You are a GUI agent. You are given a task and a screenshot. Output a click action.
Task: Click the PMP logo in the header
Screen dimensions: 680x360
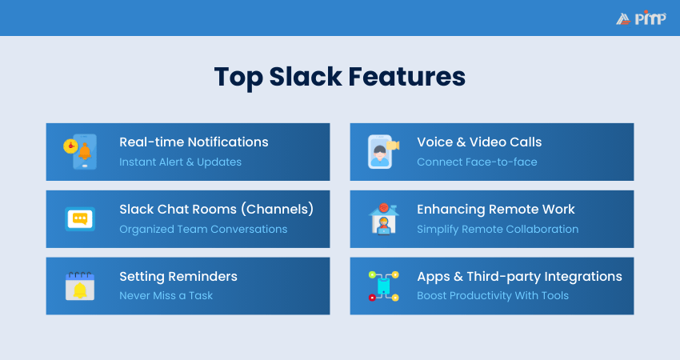(x=641, y=18)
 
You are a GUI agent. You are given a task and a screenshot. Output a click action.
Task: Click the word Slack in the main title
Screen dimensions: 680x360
(x=306, y=77)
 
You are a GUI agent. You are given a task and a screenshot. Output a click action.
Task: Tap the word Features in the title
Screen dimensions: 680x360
(x=406, y=77)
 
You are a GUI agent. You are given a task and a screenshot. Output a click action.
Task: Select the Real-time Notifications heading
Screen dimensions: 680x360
(x=194, y=142)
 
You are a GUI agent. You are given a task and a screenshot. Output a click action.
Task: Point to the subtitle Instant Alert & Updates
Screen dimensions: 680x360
(x=181, y=162)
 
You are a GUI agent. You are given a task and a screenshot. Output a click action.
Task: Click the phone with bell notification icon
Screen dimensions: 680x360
(x=80, y=151)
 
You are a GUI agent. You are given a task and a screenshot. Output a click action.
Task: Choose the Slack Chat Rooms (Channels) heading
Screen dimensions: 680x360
(x=217, y=209)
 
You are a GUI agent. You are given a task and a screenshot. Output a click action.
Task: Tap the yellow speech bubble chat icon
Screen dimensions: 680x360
(x=80, y=218)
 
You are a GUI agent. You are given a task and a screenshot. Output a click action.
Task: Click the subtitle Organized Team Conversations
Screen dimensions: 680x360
(x=203, y=229)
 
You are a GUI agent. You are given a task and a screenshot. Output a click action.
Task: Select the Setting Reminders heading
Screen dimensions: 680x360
(x=178, y=276)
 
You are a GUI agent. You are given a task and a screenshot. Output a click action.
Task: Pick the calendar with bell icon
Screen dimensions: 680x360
(x=80, y=286)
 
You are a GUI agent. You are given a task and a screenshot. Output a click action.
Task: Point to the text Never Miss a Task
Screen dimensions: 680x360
(x=166, y=295)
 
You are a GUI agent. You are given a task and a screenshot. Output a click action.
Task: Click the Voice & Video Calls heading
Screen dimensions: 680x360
(x=479, y=142)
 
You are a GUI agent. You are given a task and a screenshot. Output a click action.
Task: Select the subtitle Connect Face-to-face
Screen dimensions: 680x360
(x=477, y=162)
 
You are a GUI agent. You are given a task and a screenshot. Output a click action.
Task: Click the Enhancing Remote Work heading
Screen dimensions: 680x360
(x=496, y=209)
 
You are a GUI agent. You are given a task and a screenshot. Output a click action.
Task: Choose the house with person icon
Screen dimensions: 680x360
(x=383, y=218)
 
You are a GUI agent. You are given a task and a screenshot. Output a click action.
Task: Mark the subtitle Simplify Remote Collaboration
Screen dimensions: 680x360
(x=498, y=229)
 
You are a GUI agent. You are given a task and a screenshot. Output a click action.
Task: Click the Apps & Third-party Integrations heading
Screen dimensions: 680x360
(x=519, y=276)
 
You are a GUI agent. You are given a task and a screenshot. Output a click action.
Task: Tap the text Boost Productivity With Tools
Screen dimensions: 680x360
(x=493, y=295)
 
